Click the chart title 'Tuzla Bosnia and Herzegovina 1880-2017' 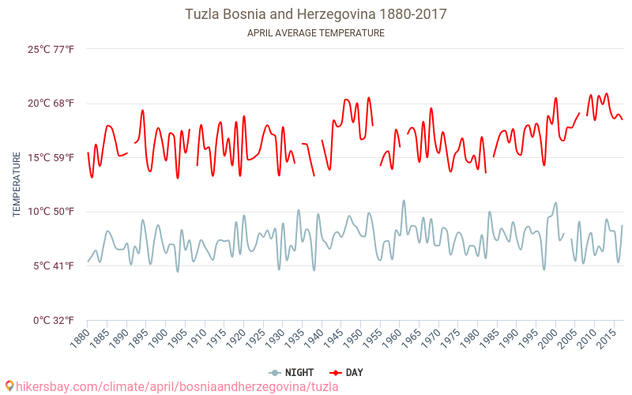coord(316,14)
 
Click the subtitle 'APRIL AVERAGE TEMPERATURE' coord(316,33)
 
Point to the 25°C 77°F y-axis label coord(51,49)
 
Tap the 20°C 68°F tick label coord(51,103)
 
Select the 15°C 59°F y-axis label coord(51,157)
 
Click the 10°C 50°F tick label coord(51,212)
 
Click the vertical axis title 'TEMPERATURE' coord(17,185)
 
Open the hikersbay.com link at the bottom coord(177,386)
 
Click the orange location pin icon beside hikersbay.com coord(9,386)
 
